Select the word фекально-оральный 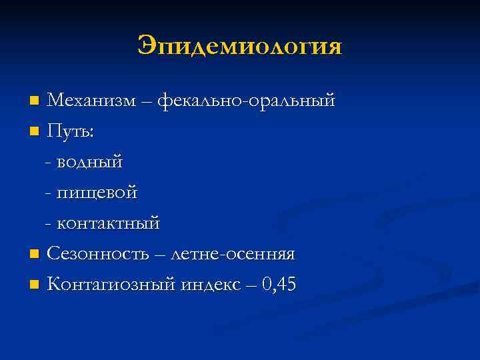point(247,101)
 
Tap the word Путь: point(71,132)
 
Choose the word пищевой point(97,193)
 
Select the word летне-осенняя point(233,255)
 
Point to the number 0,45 point(279,285)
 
